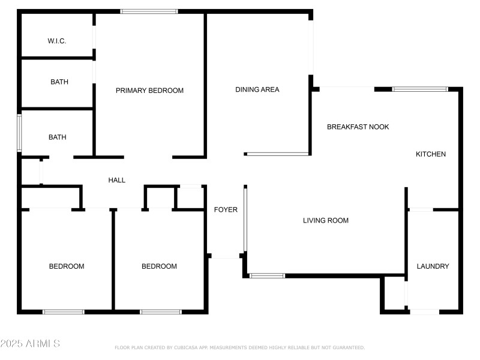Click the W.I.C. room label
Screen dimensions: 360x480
click(x=57, y=41)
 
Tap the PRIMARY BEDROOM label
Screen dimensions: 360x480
click(x=149, y=91)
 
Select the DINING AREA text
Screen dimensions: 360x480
click(x=257, y=90)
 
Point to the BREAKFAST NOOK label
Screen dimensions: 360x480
click(x=358, y=127)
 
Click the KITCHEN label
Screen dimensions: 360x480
click(x=431, y=154)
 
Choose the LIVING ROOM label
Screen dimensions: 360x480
click(x=326, y=221)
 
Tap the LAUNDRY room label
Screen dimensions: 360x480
click(x=433, y=266)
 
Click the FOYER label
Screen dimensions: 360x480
click(x=226, y=210)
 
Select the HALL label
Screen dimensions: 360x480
click(x=116, y=180)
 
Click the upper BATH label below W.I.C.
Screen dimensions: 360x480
click(x=59, y=82)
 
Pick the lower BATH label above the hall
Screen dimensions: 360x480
click(x=58, y=137)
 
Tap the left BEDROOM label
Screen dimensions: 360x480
click(x=67, y=266)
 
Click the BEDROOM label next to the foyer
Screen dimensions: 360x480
click(x=159, y=266)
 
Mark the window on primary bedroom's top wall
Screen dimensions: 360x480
click(x=149, y=11)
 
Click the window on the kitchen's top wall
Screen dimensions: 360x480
click(x=419, y=89)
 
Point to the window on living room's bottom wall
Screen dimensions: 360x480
click(x=267, y=276)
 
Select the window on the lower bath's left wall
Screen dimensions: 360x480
click(x=19, y=133)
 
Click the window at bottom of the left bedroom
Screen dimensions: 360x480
click(x=64, y=311)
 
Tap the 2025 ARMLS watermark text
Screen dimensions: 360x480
click(x=30, y=344)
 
